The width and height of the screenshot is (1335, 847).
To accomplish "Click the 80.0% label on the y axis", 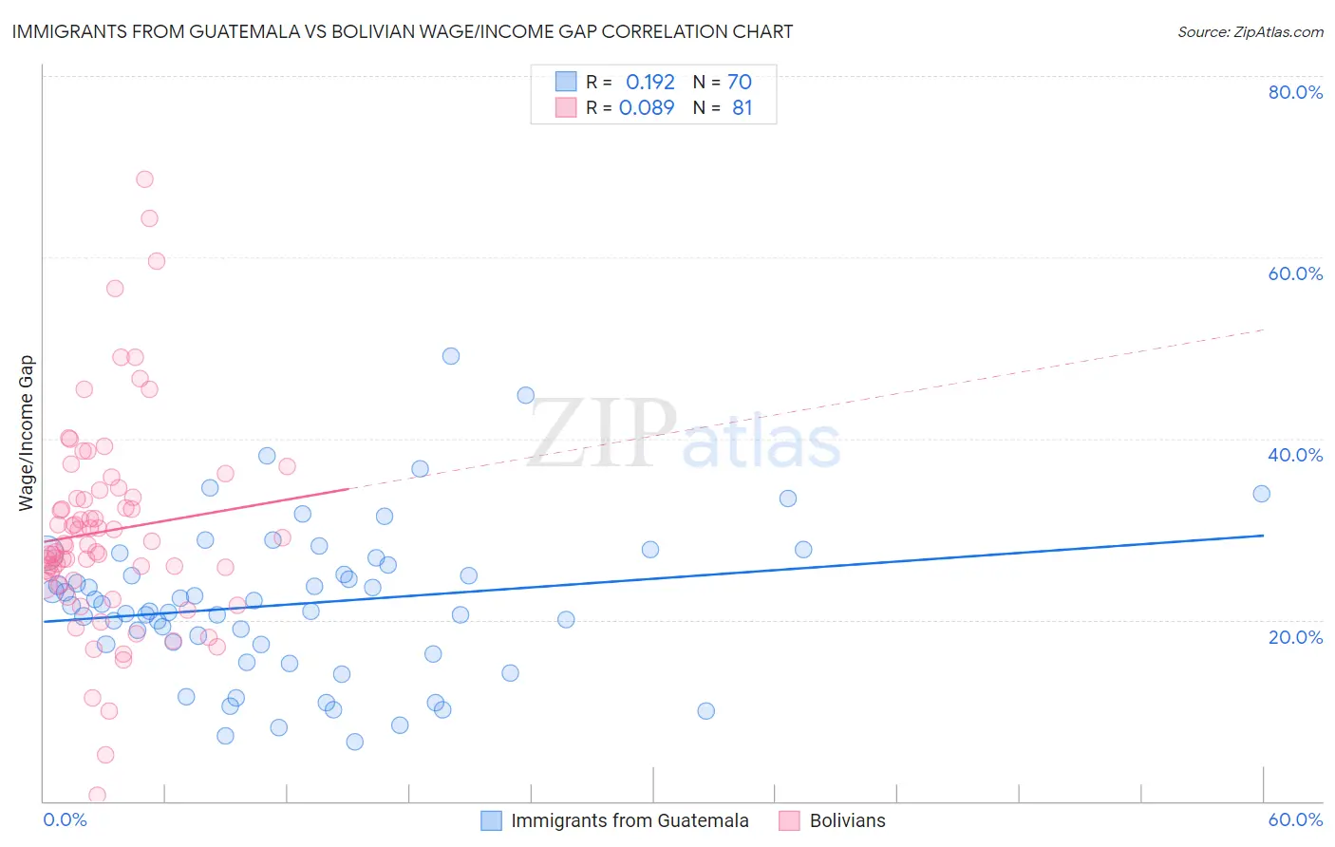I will [1295, 92].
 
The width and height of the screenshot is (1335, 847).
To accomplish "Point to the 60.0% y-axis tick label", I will [1295, 273].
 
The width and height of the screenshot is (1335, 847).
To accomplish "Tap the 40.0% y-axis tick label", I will [1295, 455].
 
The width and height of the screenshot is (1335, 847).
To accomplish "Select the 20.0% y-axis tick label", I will [1295, 637].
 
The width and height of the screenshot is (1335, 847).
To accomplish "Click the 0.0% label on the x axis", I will [65, 819].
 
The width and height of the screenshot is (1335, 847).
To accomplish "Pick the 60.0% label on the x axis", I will [1295, 819].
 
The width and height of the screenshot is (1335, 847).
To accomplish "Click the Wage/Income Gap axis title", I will [27, 433].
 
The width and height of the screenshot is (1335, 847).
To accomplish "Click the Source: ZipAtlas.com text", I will [1250, 31].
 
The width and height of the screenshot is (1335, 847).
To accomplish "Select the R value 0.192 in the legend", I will [649, 83].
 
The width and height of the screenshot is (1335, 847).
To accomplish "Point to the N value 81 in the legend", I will [742, 108].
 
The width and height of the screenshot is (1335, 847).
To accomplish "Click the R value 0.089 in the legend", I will [647, 108].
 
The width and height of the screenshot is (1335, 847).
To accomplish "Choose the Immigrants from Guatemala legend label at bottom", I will [630, 820].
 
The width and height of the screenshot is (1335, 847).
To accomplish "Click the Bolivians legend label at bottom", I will [847, 820].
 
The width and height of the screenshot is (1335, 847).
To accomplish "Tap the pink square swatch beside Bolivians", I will [789, 820].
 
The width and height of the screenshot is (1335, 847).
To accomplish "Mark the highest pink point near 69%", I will [144, 179].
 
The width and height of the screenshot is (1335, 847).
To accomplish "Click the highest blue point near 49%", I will [451, 356].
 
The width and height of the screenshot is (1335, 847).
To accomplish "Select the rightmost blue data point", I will [1261, 494].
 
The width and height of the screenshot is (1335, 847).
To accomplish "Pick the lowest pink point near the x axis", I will [97, 795].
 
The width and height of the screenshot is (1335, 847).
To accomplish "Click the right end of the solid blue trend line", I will [1263, 536].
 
